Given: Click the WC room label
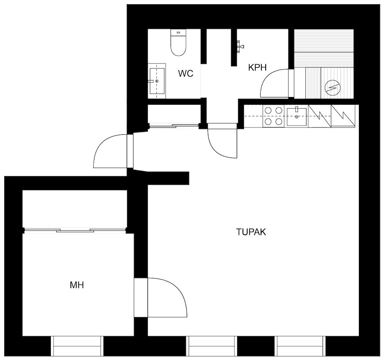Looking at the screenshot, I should (x=185, y=74).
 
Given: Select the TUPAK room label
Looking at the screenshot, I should (x=251, y=232).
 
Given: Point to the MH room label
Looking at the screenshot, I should (x=77, y=285).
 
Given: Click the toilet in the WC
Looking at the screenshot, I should (x=178, y=43).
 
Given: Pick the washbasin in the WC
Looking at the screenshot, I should (x=157, y=81).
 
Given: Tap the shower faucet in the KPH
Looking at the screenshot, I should (x=240, y=46).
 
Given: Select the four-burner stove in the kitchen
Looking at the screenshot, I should (x=273, y=116).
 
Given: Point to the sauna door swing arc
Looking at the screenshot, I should (x=274, y=83).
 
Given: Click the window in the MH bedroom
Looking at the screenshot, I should (x=76, y=346).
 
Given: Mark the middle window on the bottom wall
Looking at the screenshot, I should (x=211, y=346).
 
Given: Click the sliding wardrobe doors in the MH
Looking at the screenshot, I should (x=75, y=230).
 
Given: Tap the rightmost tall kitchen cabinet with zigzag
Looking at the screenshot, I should (x=343, y=116).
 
